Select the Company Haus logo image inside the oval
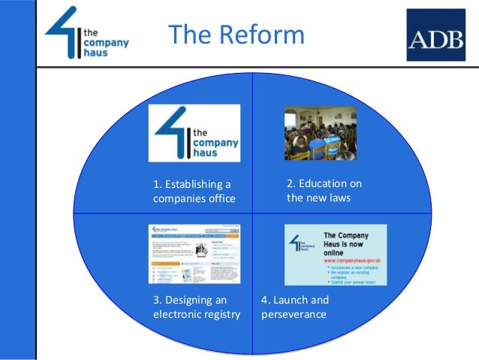tap(194, 133)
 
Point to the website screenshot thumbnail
tap(194, 253)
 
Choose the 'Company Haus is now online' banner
tap(336, 254)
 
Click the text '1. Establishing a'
tap(192, 184)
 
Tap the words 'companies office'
tap(194, 199)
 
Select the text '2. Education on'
tap(324, 184)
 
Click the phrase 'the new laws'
tap(318, 199)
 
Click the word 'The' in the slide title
tap(188, 35)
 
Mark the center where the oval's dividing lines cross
tap(252, 213)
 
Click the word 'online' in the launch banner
tap(336, 254)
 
